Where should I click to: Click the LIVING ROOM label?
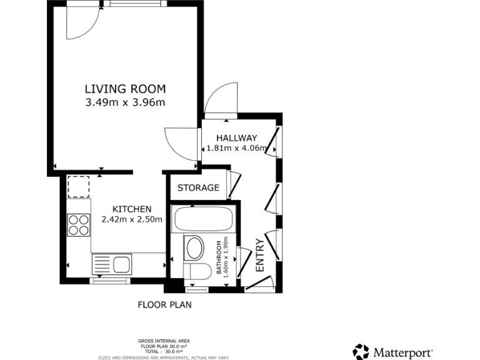[x=125, y=88]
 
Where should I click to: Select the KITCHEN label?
[x=132, y=209]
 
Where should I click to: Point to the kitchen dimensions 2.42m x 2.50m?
[x=132, y=219]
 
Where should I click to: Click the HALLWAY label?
[x=237, y=138]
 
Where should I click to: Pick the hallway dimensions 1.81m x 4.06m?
[x=237, y=149]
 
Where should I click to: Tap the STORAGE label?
[x=198, y=187]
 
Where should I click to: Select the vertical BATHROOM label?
[x=219, y=259]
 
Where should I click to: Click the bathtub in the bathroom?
[x=203, y=219]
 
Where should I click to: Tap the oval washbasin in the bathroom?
[x=195, y=248]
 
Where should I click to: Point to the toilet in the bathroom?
[x=197, y=272]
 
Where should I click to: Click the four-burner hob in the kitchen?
[x=79, y=224]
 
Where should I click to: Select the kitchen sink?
[x=112, y=264]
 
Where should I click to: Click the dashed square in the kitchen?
[x=79, y=186]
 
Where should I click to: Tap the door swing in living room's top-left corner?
[x=82, y=22]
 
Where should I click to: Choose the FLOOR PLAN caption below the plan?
[x=164, y=305]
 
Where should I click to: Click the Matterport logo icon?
[x=361, y=352]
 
